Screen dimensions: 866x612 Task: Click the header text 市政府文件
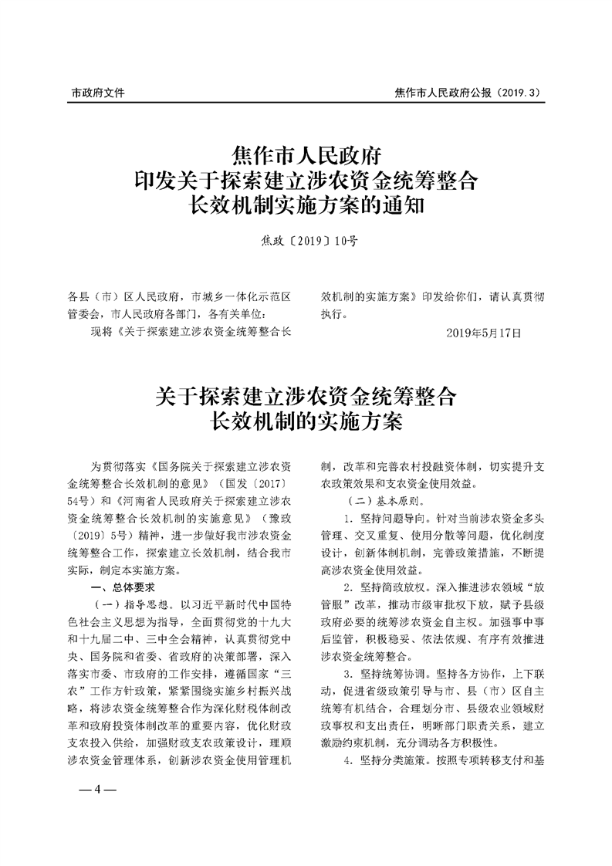point(98,93)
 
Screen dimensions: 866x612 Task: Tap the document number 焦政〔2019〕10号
point(306,240)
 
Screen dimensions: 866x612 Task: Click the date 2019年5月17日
point(484,333)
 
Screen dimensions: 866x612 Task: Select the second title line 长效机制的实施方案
point(306,421)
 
